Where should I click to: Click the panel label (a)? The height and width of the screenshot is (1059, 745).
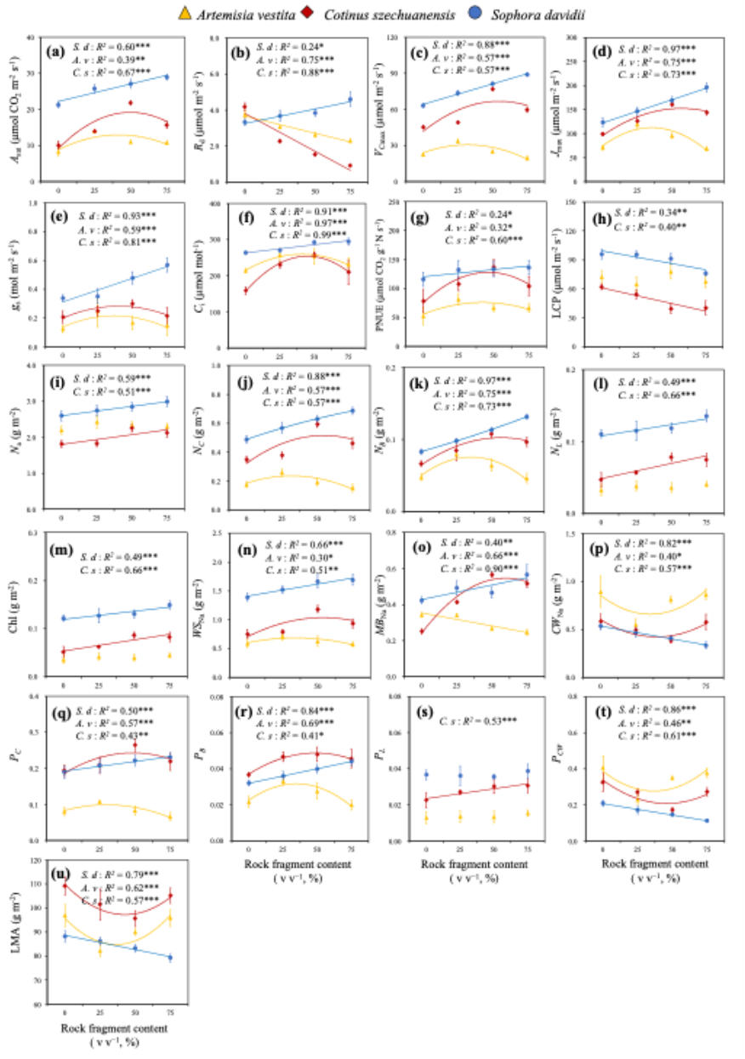pos(59,50)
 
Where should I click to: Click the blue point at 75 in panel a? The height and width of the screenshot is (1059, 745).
pos(166,77)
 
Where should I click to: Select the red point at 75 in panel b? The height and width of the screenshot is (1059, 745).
pos(350,166)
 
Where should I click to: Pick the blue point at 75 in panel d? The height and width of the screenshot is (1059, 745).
pos(706,88)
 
